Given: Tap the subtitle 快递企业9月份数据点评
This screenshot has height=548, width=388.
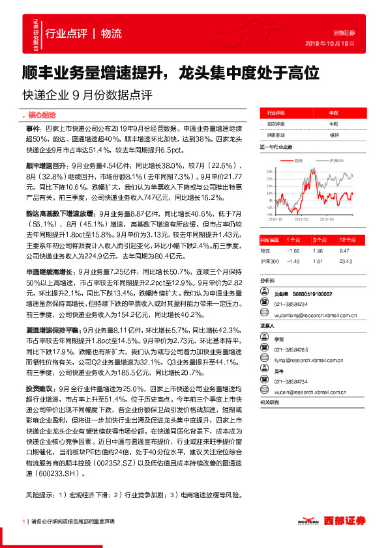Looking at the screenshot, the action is pos(87,95).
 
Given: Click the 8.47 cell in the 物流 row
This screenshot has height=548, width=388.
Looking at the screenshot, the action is pos(346,250).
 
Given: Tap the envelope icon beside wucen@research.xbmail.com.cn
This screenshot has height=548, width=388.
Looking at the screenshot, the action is pos(266,393).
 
